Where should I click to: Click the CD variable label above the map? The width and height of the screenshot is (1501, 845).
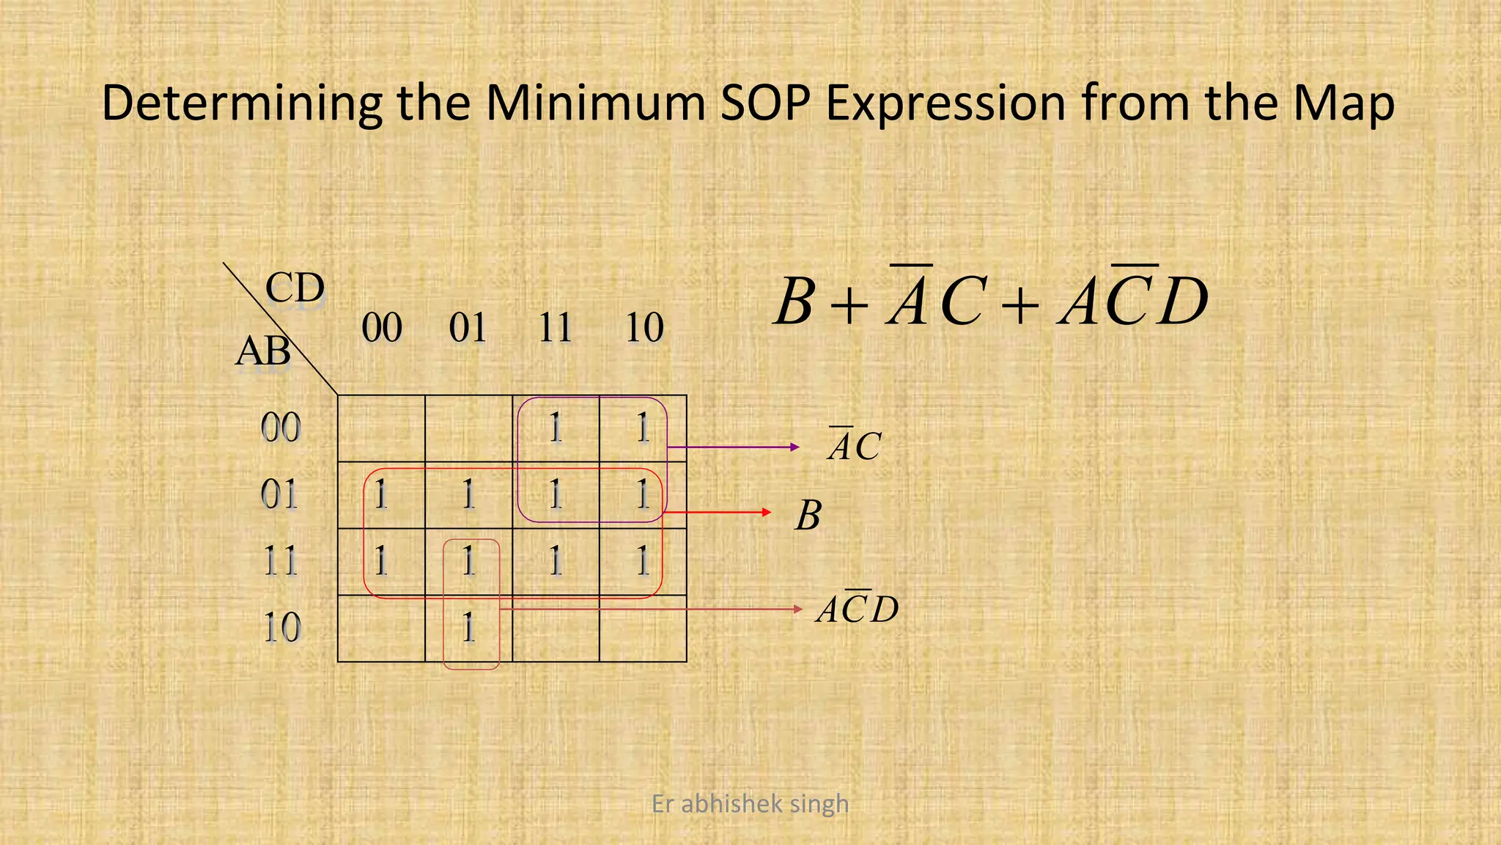coord(295,288)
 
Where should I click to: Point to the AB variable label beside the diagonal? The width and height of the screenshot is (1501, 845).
coord(262,351)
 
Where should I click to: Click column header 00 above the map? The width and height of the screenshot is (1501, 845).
coord(382,328)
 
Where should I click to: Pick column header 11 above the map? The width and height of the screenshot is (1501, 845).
coord(556,328)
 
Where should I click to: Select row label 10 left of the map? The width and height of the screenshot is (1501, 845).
coord(281,629)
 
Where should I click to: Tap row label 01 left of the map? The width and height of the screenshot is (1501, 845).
coord(280,495)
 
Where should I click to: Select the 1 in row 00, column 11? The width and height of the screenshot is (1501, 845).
coord(556,428)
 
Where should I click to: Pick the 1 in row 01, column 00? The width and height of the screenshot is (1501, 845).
coord(381,495)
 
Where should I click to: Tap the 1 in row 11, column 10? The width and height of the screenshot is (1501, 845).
coord(643,562)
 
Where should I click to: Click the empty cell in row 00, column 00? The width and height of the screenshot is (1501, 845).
coord(381,428)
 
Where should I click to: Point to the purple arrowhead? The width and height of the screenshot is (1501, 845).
coord(794,447)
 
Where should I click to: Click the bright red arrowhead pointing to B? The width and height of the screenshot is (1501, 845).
coord(767,512)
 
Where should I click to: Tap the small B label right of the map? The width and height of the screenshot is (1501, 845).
coord(808,516)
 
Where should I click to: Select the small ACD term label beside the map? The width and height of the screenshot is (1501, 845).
coord(858,609)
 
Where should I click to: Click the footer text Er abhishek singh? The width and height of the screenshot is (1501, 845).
coord(750,804)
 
